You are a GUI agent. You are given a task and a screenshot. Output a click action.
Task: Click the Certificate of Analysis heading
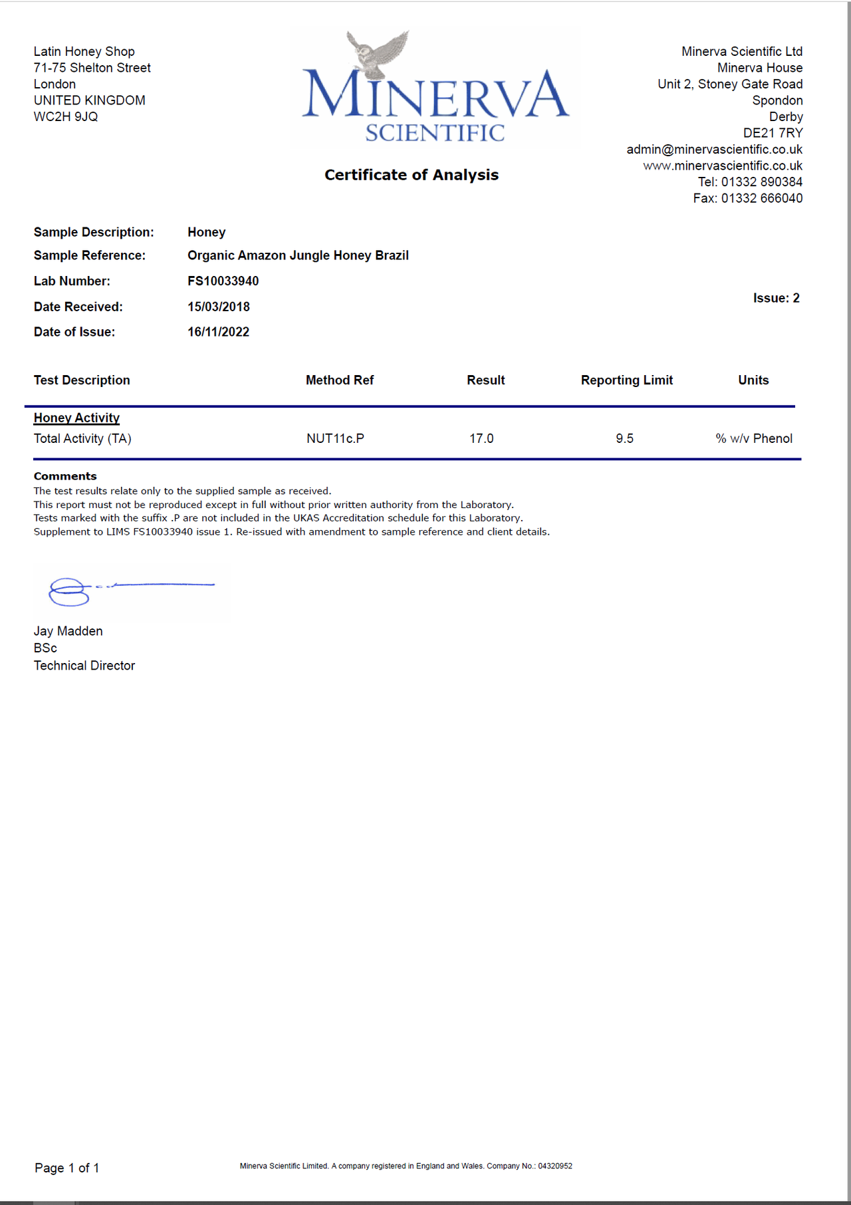(412, 175)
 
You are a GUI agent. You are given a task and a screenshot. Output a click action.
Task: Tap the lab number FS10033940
(223, 281)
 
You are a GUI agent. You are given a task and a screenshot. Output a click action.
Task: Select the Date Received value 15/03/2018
(219, 307)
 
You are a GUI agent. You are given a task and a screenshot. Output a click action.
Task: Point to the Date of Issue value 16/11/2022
(218, 332)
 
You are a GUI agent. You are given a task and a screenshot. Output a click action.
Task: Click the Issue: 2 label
(776, 298)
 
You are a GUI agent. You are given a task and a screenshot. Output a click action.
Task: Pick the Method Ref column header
(340, 380)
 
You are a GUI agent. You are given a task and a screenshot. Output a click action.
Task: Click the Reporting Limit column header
(626, 380)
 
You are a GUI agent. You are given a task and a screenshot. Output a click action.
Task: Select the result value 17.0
(481, 439)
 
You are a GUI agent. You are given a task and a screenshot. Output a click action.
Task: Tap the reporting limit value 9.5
(624, 439)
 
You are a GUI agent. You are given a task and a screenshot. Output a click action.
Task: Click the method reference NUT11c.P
(335, 439)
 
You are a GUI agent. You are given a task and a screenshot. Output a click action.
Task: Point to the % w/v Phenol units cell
(754, 439)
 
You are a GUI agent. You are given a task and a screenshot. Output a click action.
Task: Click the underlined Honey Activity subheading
(76, 418)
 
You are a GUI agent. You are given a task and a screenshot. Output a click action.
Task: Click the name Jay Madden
(68, 631)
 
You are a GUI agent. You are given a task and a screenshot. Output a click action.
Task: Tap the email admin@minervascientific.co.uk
(714, 150)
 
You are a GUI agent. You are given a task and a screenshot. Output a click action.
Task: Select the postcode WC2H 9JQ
(66, 117)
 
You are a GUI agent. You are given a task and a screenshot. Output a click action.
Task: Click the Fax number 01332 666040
(761, 198)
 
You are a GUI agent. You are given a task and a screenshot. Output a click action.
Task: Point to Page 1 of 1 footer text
(67, 1168)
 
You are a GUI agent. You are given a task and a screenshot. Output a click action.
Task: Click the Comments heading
(65, 476)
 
